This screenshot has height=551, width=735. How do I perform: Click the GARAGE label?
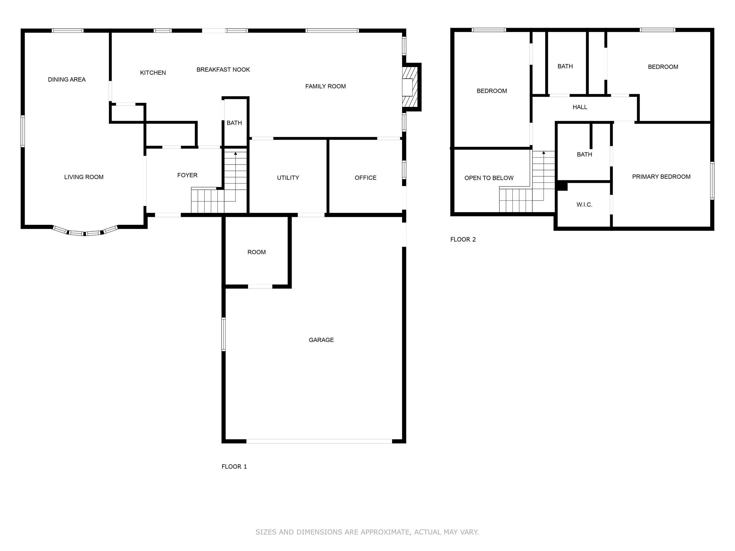click(x=321, y=340)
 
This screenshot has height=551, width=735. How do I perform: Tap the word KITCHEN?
click(x=153, y=73)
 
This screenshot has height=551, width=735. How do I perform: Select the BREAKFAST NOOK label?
click(x=223, y=69)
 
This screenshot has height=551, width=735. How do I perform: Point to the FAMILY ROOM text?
click(x=325, y=86)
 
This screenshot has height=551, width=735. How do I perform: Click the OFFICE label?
click(x=366, y=178)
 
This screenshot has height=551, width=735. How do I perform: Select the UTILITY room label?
click(x=288, y=178)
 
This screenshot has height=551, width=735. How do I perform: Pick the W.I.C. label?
click(x=584, y=204)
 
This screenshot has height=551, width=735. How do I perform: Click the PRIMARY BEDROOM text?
click(x=661, y=177)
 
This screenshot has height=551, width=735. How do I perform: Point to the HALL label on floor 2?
click(x=580, y=107)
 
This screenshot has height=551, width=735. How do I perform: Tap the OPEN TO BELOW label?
click(x=489, y=178)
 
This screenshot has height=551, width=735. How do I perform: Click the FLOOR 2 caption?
click(x=463, y=239)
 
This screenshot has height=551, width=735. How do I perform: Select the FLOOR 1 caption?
click(x=234, y=467)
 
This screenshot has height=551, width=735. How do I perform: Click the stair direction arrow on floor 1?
click(x=236, y=176)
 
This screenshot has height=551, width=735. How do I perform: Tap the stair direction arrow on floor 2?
click(x=544, y=176)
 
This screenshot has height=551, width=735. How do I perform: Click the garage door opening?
click(x=319, y=441)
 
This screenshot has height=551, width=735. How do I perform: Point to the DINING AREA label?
click(x=67, y=79)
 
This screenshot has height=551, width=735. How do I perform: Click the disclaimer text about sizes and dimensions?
click(x=367, y=532)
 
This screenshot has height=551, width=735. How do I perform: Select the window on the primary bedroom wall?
click(x=712, y=181)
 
